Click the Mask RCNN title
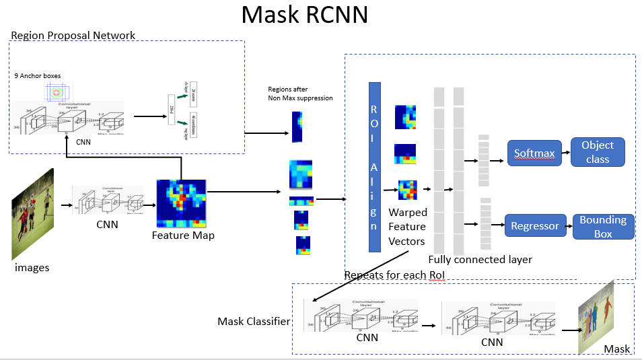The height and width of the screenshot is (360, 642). (304, 15)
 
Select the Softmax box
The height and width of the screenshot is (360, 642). (534, 153)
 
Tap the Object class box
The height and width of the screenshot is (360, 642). (598, 153)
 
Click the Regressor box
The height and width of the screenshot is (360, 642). (535, 226)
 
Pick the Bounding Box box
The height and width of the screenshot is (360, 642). (603, 227)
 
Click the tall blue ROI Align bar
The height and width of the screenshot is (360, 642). (375, 167)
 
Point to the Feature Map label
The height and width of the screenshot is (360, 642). (183, 236)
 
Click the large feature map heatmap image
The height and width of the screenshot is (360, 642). (182, 203)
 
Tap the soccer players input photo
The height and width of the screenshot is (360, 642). (32, 214)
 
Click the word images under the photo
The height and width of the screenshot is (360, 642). (32, 267)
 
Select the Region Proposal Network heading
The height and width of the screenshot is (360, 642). (73, 35)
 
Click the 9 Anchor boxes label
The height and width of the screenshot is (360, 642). (38, 77)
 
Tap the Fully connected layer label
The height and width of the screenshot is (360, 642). (480, 259)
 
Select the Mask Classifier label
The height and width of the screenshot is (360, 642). (254, 321)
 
